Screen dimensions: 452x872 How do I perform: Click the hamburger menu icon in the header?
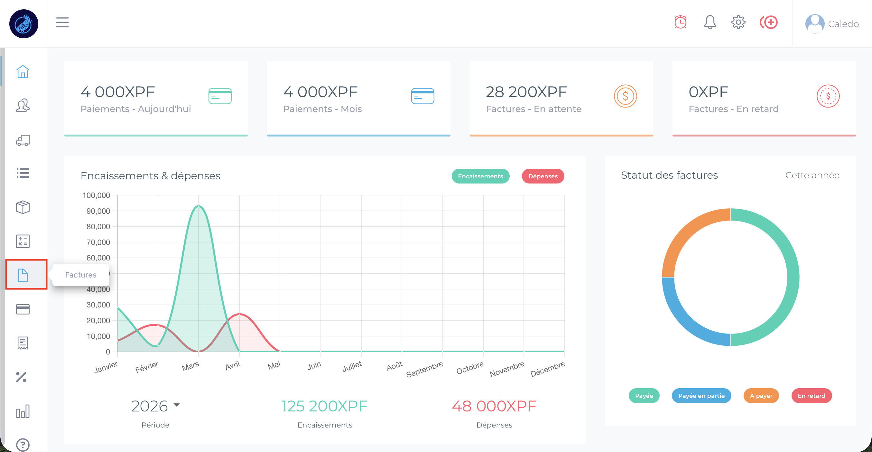(x=62, y=22)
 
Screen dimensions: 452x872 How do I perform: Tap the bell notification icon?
(x=710, y=22)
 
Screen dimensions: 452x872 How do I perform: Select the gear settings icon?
(x=738, y=22)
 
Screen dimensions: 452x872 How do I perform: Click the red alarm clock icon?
(x=681, y=22)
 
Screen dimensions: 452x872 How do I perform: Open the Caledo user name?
(x=843, y=24)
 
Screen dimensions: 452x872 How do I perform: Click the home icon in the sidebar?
(x=23, y=72)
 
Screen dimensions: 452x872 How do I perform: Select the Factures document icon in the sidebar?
(x=23, y=275)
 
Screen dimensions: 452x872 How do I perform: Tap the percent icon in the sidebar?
(x=21, y=377)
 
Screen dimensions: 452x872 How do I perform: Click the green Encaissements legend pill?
(x=480, y=176)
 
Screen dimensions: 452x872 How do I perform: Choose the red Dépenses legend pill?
(x=543, y=176)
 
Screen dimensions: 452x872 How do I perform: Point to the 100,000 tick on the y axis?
(x=97, y=195)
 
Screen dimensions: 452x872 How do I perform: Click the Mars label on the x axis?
(x=190, y=366)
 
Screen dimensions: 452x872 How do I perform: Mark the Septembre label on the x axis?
(x=424, y=369)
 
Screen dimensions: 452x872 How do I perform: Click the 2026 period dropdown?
(x=155, y=406)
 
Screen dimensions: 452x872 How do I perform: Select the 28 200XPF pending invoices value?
(x=526, y=92)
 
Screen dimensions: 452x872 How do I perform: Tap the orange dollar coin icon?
(x=625, y=96)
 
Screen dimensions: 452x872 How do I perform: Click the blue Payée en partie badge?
(x=701, y=396)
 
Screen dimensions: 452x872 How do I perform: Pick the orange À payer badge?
(x=761, y=396)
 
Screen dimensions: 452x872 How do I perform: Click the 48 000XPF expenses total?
(x=494, y=406)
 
